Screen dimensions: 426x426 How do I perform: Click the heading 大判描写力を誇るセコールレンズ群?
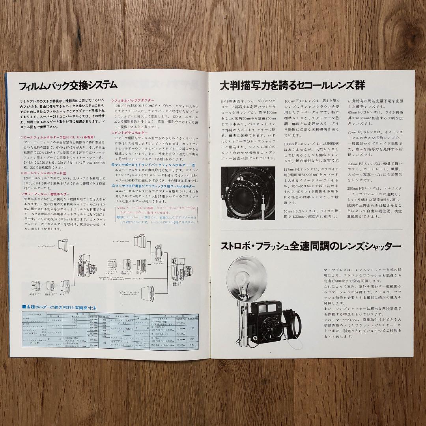[292, 85]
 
